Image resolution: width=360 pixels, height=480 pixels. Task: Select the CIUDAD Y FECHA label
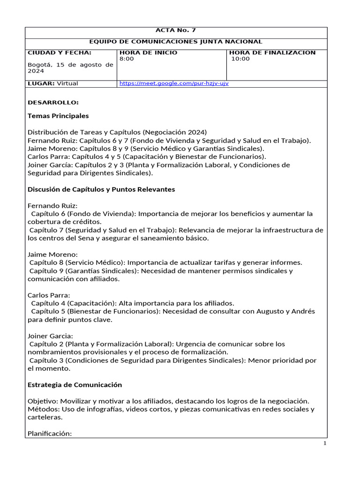60,52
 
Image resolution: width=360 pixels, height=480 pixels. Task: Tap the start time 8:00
127,59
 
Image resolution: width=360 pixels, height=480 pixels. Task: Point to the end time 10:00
241,59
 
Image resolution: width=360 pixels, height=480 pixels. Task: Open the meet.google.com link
174,83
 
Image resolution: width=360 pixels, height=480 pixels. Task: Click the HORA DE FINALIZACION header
272,52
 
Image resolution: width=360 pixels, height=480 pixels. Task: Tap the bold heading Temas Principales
58,116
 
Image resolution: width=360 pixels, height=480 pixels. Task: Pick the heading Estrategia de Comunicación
75,385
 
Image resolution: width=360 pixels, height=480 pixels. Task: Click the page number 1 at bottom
324,444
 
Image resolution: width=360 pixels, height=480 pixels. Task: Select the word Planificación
49,434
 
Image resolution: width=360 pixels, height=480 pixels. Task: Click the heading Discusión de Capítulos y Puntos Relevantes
101,189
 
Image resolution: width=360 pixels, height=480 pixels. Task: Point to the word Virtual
67,83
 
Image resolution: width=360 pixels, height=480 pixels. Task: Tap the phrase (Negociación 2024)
176,132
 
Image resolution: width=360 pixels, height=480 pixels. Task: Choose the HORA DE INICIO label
149,52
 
